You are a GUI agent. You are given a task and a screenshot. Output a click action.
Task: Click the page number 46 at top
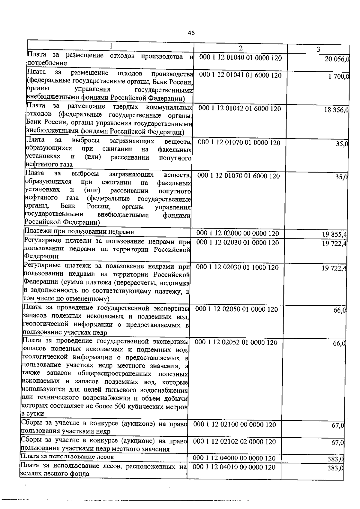pyautogui.click(x=191, y=33)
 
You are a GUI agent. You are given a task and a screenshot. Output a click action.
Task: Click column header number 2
pyautogui.click(x=241, y=48)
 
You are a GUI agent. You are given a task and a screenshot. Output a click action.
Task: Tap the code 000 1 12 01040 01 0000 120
pyautogui.click(x=241, y=58)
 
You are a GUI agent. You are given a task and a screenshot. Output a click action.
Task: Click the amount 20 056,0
pyautogui.click(x=337, y=59)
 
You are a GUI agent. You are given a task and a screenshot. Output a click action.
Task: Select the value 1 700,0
pyautogui.click(x=339, y=76)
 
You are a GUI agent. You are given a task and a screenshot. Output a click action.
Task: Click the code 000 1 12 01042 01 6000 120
pyautogui.click(x=240, y=109)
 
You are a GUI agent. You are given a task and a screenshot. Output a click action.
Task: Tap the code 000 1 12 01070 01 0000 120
pyautogui.click(x=239, y=142)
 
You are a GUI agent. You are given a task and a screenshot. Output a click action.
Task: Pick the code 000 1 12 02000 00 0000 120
pyautogui.click(x=238, y=233)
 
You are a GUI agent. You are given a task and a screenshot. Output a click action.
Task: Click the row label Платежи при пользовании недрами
pyautogui.click(x=79, y=232)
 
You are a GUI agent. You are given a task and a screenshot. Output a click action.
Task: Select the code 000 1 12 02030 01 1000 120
pyautogui.click(x=237, y=267)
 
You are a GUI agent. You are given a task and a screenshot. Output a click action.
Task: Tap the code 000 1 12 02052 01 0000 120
pyautogui.click(x=236, y=342)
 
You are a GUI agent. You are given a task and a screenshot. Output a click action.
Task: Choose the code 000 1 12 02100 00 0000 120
pyautogui.click(x=235, y=424)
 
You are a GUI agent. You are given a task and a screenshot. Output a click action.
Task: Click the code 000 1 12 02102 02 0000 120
pyautogui.click(x=235, y=442)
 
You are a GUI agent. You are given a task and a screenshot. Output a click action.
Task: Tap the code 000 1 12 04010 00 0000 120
pyautogui.click(x=234, y=467)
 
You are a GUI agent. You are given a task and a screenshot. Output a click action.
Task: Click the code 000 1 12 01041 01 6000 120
pyautogui.click(x=240, y=75)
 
